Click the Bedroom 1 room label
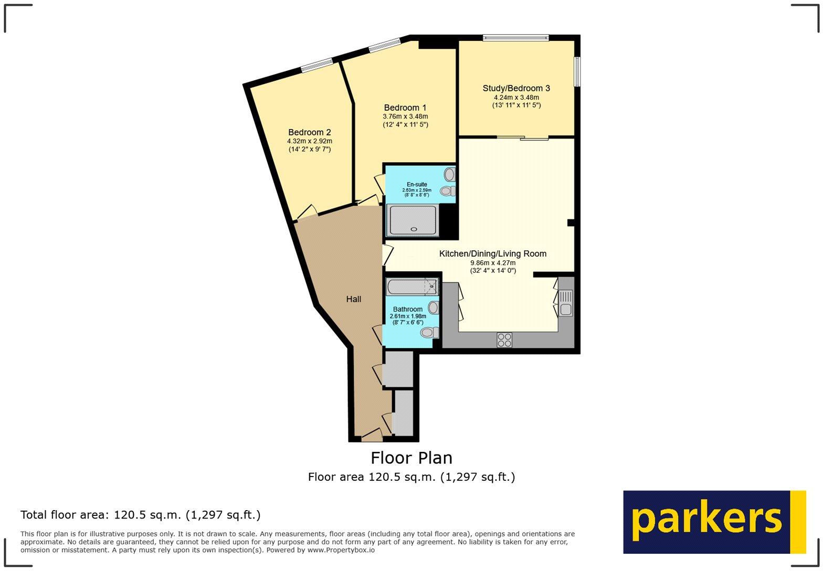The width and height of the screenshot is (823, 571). [405, 108]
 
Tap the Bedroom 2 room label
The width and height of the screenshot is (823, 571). [309, 132]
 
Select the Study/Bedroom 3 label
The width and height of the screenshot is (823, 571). [516, 88]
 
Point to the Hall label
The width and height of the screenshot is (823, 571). [353, 299]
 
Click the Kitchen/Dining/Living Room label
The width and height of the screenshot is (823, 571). [492, 253]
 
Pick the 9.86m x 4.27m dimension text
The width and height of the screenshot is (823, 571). [492, 263]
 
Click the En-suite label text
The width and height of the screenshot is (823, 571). [417, 184]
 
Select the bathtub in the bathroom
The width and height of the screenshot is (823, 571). [411, 287]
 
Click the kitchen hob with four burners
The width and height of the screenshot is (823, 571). [504, 340]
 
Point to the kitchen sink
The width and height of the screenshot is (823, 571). [565, 303]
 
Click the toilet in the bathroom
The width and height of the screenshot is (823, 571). [429, 332]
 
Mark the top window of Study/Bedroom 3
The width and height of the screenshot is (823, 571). [515, 38]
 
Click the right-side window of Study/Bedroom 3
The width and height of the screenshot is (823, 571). [577, 71]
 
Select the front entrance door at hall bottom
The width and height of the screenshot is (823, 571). [372, 434]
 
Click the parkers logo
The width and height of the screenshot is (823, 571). [714, 522]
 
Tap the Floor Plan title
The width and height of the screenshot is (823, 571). [411, 458]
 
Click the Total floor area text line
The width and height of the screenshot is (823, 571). [140, 515]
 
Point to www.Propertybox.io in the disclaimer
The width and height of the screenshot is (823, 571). [341, 550]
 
